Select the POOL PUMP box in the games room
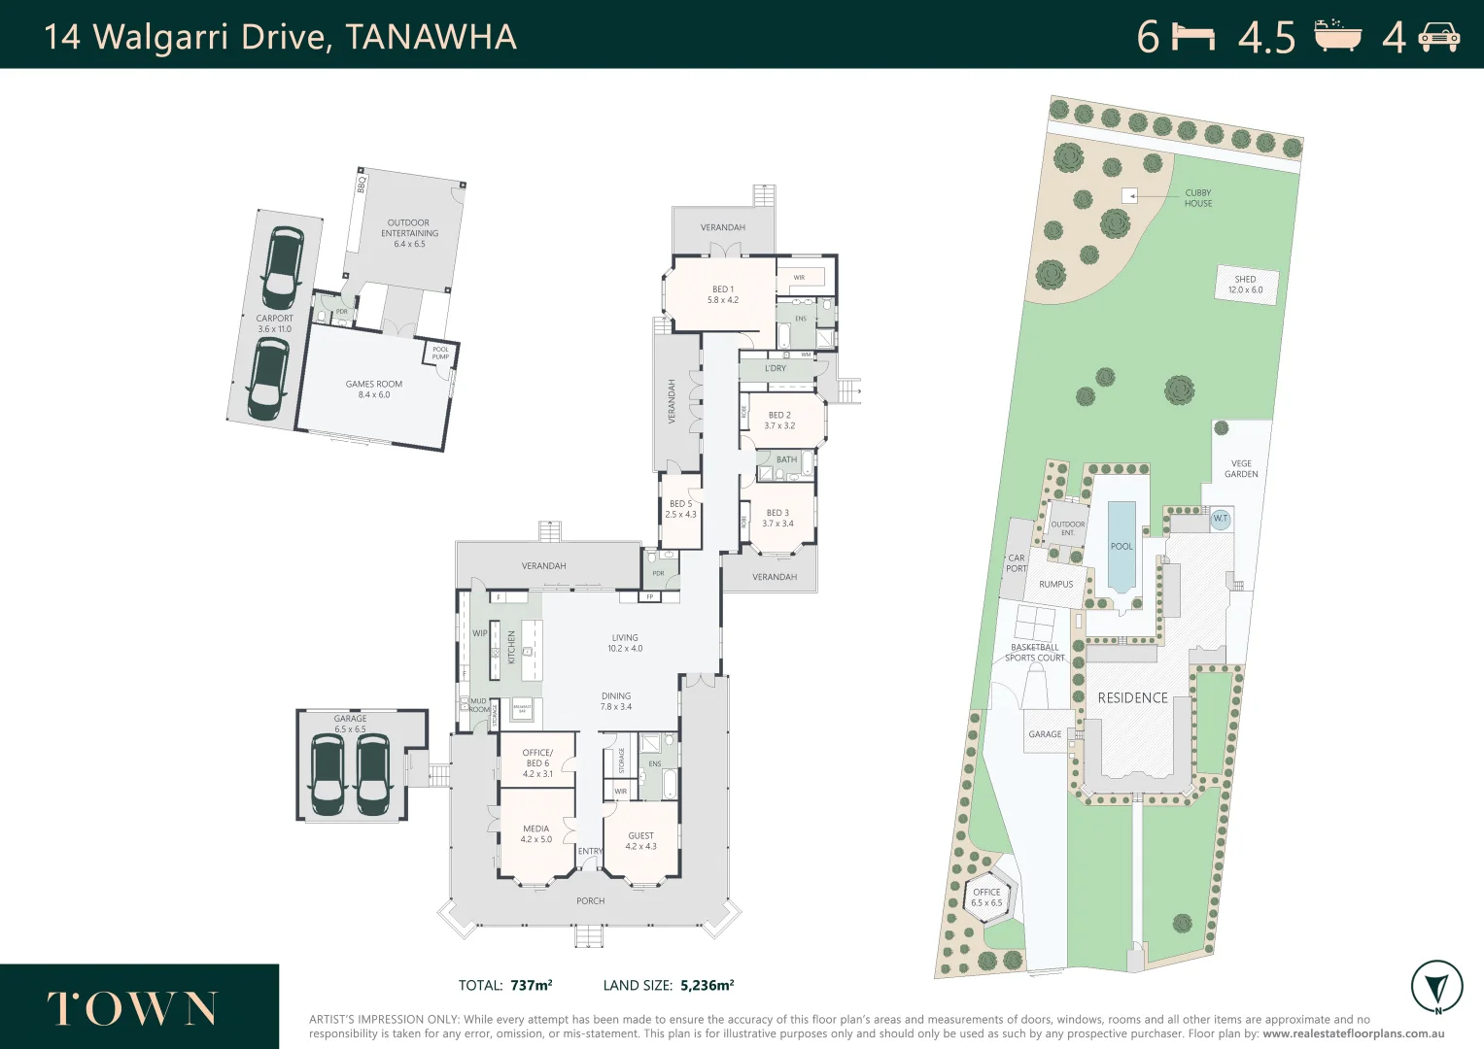coord(440,353)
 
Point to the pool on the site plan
coord(1122,546)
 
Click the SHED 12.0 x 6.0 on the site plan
coord(1245,285)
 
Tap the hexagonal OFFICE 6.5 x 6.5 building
coord(986,897)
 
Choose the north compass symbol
coord(1436,987)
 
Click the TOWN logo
coord(132,1009)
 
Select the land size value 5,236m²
coord(707,985)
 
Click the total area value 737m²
coord(531,985)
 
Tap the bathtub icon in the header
coord(1337,36)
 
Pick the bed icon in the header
coord(1193,37)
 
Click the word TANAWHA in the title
coord(431,37)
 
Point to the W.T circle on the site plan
coord(1221,519)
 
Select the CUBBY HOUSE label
coord(1197,198)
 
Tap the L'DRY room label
coord(776,368)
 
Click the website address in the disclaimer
coord(1353,1033)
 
